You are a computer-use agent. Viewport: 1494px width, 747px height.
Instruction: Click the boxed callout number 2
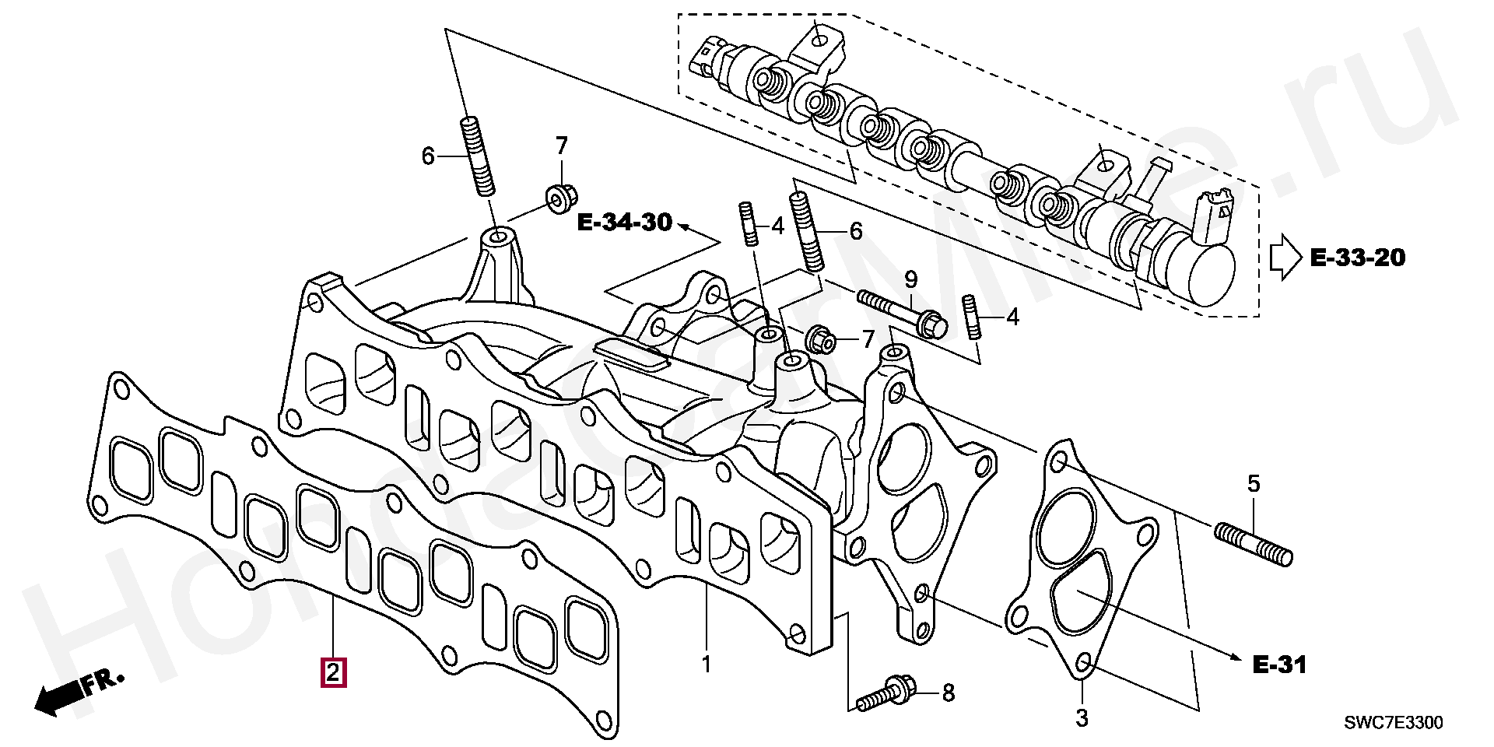coord(332,672)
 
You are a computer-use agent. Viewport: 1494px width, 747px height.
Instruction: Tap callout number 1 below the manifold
coord(707,665)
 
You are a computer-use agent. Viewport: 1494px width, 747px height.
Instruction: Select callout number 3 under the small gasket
coord(1082,718)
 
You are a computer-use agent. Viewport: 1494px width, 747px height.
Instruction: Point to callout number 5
coord(1253,484)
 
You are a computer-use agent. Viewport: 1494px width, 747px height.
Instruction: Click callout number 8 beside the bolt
coord(948,692)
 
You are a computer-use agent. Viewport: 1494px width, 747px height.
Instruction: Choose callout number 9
coord(910,279)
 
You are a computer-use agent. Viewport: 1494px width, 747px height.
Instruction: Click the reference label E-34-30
coord(624,223)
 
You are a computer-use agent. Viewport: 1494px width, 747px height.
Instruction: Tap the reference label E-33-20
coord(1358,258)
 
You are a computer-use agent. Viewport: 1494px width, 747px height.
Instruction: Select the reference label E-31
coord(1279,665)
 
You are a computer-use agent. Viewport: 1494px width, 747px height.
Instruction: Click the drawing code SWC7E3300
coord(1393,724)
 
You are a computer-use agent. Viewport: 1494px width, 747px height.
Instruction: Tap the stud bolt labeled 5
coord(1253,545)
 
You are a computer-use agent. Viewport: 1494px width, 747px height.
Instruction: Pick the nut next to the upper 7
coord(557,198)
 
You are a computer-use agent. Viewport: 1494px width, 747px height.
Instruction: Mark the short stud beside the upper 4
coord(748,225)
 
